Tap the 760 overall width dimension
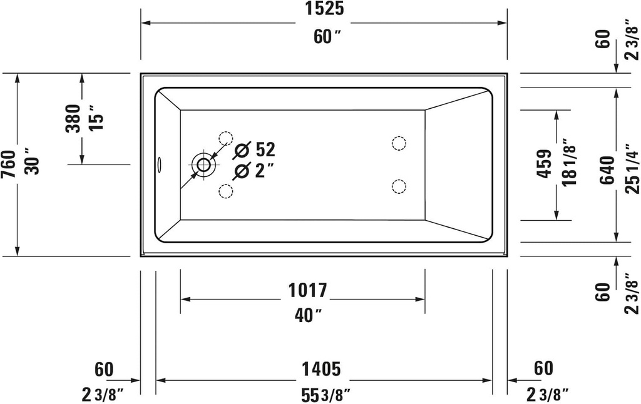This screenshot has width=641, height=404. point(9,164)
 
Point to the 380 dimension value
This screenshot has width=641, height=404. point(73,118)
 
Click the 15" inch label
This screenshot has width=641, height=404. point(95,118)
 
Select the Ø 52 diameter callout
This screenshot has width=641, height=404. point(254,150)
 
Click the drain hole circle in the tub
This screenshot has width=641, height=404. point(204,164)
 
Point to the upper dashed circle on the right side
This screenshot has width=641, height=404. point(398,143)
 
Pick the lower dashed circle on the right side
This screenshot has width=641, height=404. point(398,186)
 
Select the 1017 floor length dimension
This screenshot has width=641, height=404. point(307,290)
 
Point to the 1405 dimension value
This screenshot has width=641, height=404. point(323,370)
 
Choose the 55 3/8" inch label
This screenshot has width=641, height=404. point(323,395)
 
